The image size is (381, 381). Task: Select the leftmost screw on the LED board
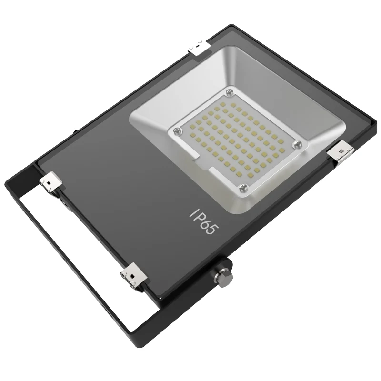coord(177,130)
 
